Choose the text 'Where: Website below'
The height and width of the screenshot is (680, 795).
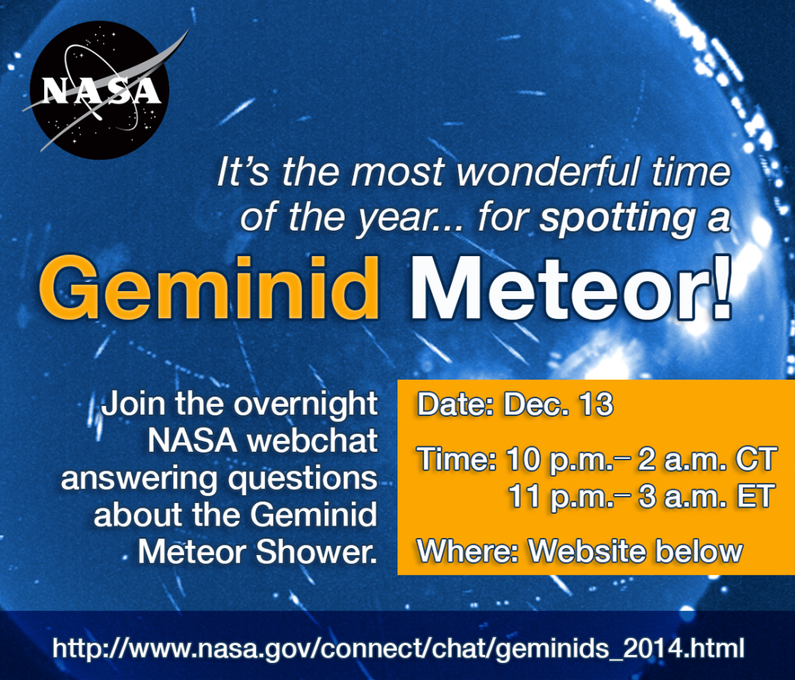[580, 551]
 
